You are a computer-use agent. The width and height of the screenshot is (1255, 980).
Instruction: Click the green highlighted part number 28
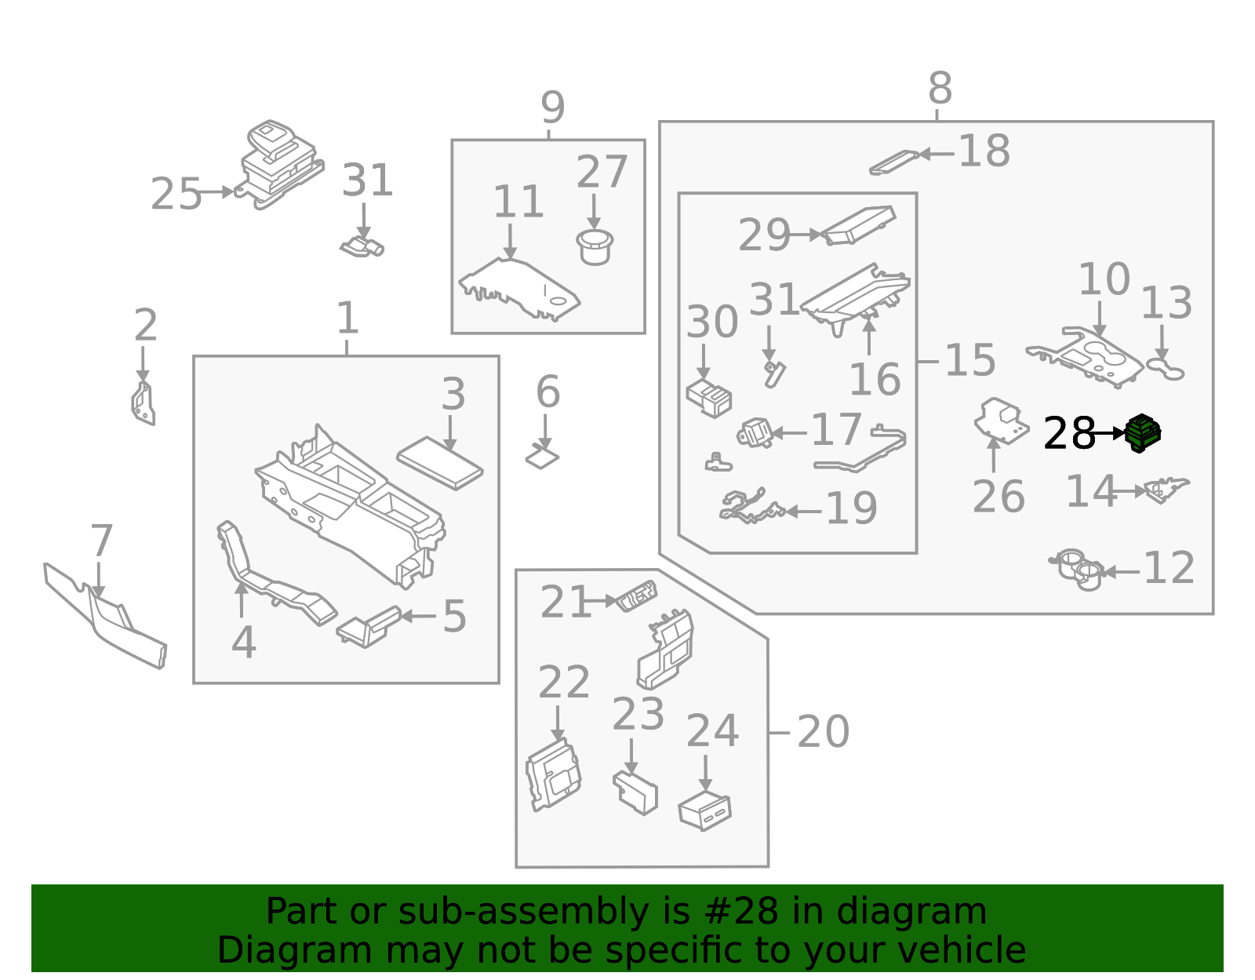point(1143,433)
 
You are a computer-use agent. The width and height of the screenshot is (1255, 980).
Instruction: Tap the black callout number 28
point(1068,433)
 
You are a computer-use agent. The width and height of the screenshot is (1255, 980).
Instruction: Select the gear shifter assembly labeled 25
point(279,165)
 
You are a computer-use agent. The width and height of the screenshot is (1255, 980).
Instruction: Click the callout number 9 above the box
point(552,107)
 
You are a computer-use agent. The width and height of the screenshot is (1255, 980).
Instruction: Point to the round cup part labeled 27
point(595,246)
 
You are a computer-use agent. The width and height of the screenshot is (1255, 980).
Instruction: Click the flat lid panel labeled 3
point(439,463)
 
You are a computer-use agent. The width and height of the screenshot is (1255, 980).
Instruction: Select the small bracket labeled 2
point(143,403)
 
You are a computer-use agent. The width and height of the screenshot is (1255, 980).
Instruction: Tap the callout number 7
point(101,541)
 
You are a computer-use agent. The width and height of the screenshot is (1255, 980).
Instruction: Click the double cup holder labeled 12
point(1078,570)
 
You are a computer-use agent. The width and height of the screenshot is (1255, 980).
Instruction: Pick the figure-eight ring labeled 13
point(1166,367)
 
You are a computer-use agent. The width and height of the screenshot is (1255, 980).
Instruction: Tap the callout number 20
point(823,732)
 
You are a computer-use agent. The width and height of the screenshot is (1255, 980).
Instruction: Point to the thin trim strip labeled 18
point(893,162)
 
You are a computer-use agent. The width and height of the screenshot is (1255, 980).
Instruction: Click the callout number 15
point(969,360)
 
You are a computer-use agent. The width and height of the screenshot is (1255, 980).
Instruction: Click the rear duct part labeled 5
point(369,626)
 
